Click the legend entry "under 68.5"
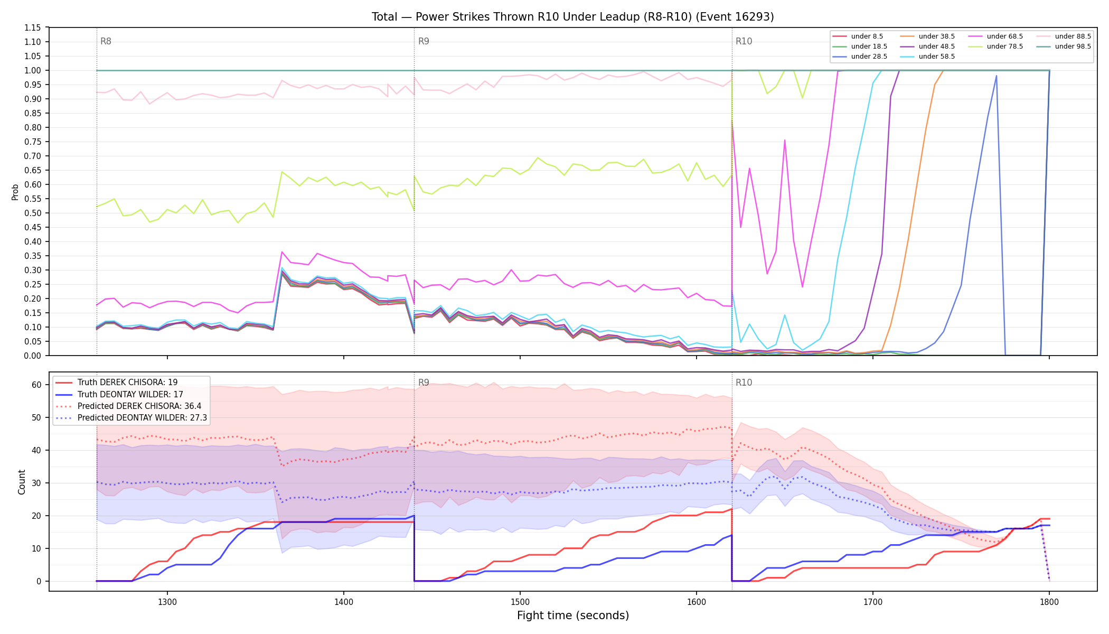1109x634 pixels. coord(996,36)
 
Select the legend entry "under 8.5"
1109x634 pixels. coord(858,36)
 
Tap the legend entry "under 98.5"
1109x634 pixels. coord(1064,46)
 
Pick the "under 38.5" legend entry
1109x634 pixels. coord(927,36)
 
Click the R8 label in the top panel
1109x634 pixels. coord(106,41)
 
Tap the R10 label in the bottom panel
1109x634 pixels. coord(744,383)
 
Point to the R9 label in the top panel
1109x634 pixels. coord(424,41)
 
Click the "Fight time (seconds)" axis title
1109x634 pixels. coord(573,616)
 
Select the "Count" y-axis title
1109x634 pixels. coord(22,482)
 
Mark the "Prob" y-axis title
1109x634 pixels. coord(15,192)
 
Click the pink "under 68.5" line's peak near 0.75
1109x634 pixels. coord(785,141)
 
